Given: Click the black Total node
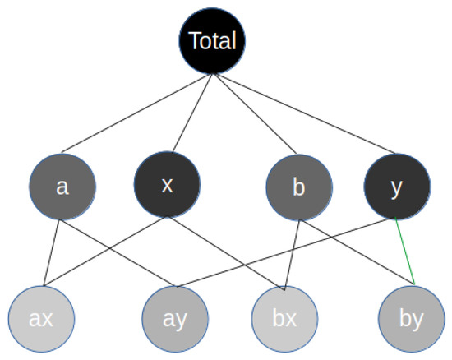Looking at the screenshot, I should tap(213, 40).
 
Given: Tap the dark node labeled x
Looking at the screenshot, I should tap(167, 185).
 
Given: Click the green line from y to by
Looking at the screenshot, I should tap(405, 252).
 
